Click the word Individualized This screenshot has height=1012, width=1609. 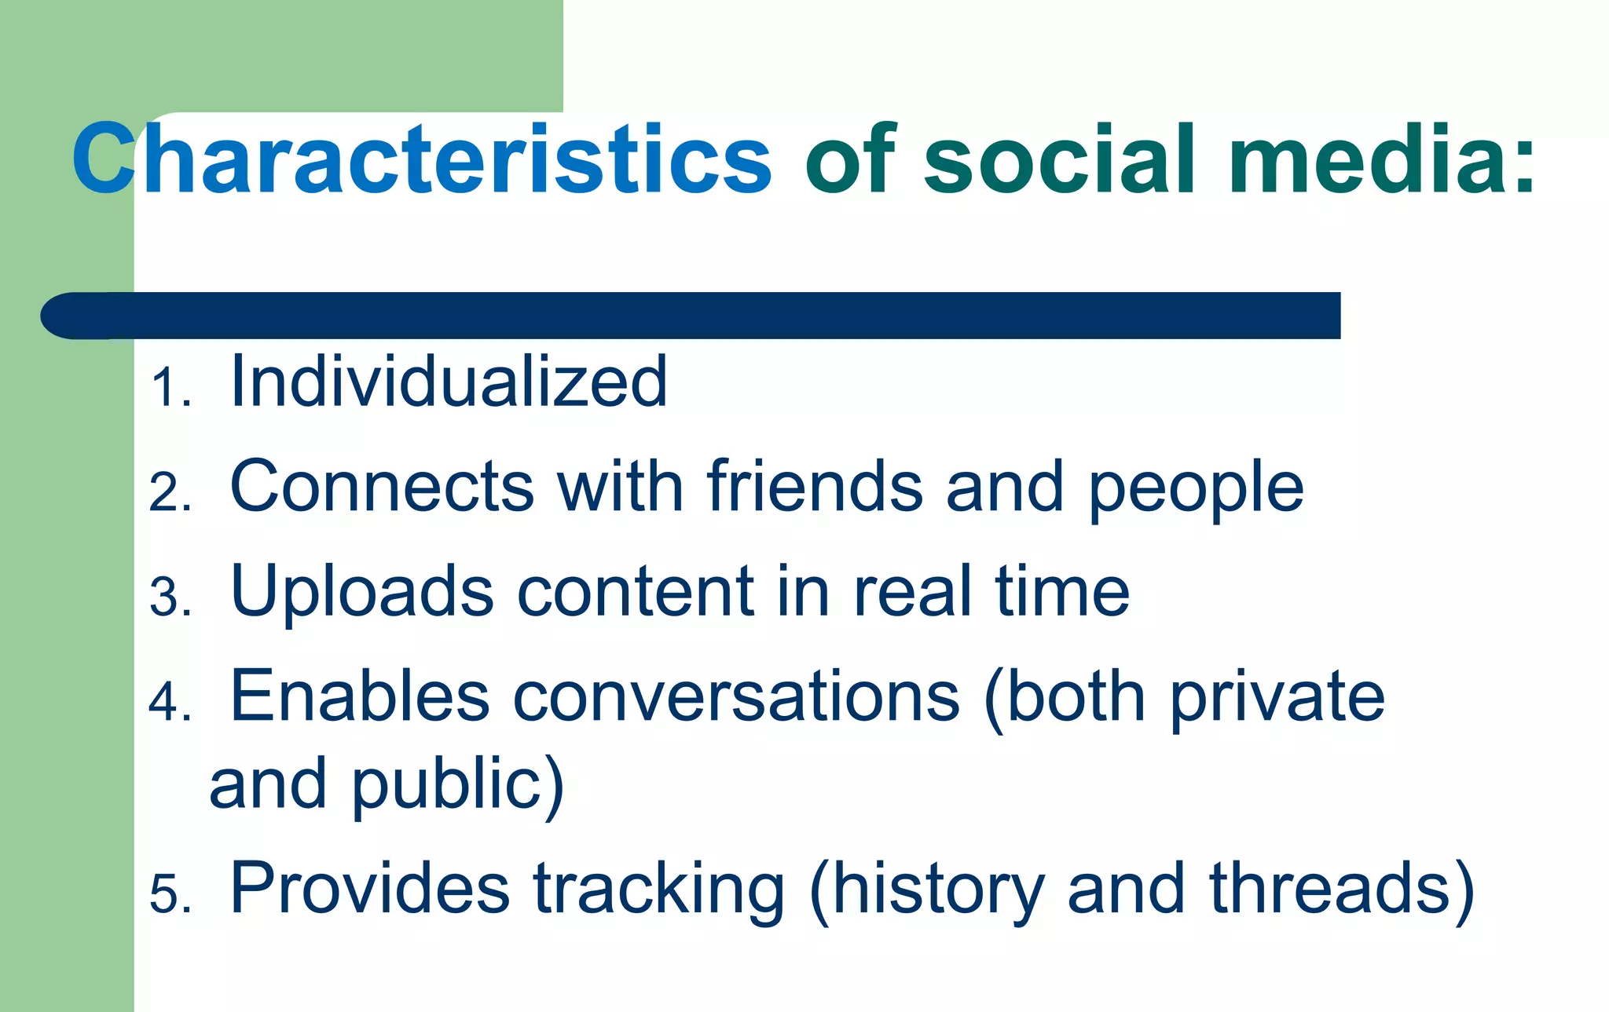click(x=449, y=382)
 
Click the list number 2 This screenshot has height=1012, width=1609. click(x=168, y=494)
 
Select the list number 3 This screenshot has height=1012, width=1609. click(x=168, y=598)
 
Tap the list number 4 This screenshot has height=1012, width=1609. click(x=168, y=703)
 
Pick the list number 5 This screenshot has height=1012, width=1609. click(x=168, y=894)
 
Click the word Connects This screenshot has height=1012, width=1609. click(x=382, y=487)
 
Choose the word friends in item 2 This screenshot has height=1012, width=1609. click(x=814, y=487)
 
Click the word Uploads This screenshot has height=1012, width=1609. click(x=362, y=593)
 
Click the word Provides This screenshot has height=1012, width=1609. click(x=369, y=889)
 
